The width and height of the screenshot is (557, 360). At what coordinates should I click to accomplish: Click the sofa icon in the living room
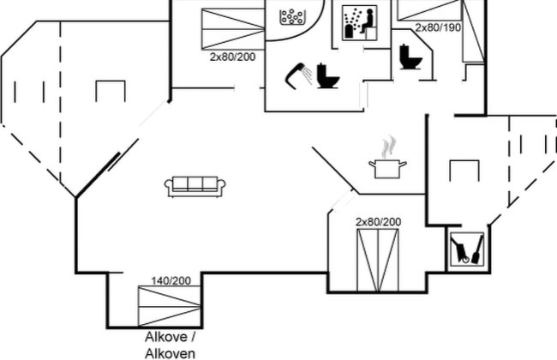point(195,186)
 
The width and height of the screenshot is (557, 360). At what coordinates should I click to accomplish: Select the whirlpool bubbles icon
point(293,16)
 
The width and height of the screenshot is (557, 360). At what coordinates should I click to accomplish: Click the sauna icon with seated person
point(360,22)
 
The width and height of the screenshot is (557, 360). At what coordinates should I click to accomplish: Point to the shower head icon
point(299,75)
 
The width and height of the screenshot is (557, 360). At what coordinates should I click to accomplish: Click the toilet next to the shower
point(327,75)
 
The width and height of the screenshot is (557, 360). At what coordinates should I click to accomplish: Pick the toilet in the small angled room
point(410,57)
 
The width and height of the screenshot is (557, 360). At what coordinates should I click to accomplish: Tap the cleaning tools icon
point(467,249)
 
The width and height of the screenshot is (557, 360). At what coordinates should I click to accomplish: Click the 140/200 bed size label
point(171,281)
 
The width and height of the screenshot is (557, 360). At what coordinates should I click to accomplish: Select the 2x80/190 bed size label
point(438,27)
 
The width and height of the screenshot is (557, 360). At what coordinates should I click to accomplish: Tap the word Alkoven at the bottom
point(171,354)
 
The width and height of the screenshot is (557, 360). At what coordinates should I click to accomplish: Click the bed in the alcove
point(169,306)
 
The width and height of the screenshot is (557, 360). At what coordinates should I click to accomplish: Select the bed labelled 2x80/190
point(440,31)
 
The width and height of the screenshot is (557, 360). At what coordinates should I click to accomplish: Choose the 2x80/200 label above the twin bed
point(378,222)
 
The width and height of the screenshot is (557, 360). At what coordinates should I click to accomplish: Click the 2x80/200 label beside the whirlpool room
point(232,57)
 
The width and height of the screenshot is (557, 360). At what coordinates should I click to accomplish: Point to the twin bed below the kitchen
point(378,261)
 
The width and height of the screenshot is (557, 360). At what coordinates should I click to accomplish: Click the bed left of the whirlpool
point(233,28)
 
